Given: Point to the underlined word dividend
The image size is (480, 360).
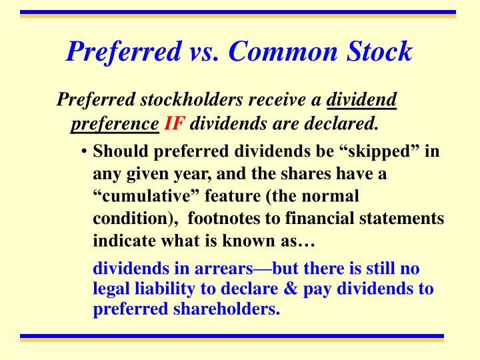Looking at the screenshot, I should click(362, 100).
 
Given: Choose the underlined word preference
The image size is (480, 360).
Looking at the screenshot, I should click(114, 123).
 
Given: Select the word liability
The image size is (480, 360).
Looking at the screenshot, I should click(161, 289).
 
